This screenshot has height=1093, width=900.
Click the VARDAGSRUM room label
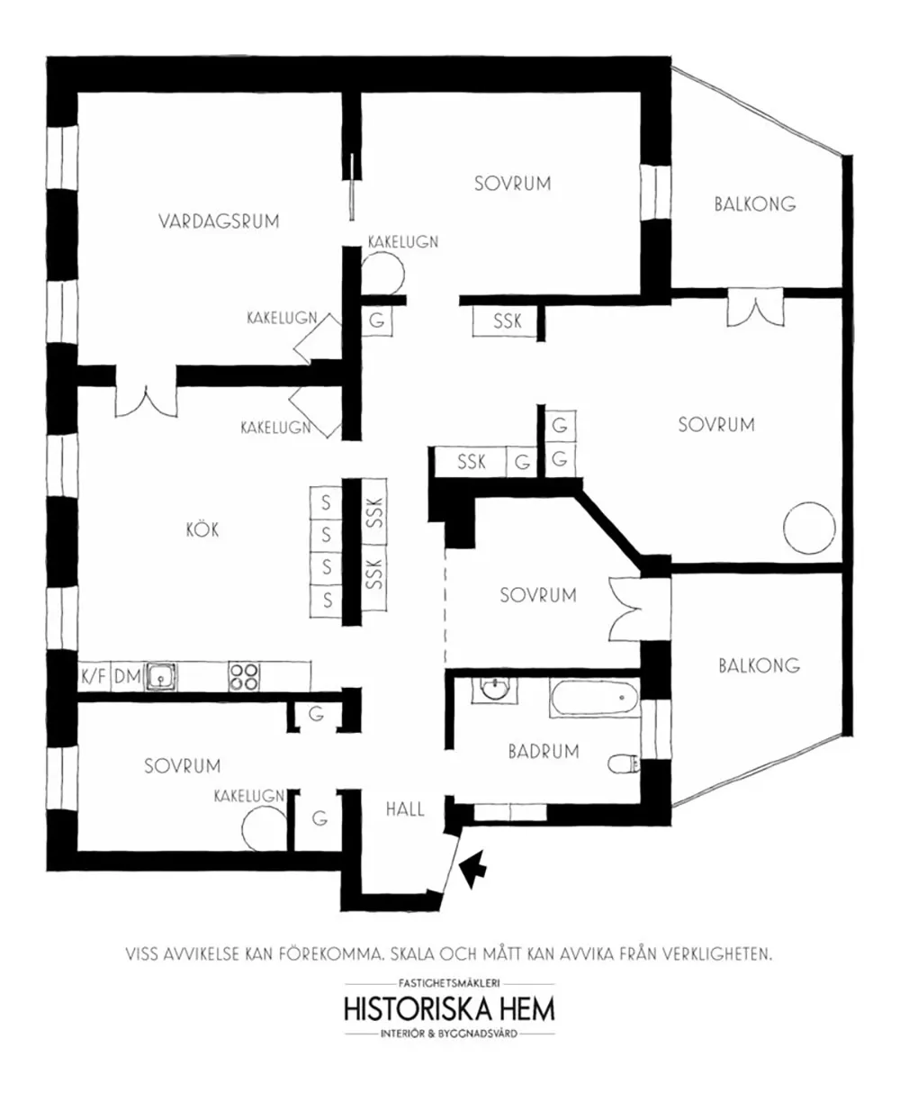[x=219, y=221]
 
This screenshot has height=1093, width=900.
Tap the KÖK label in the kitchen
[x=202, y=529]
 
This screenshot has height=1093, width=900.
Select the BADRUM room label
[x=544, y=752]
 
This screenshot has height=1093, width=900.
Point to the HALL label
[x=405, y=809]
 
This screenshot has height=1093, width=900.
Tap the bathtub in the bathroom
[x=595, y=698]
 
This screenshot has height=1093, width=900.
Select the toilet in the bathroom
[x=624, y=763]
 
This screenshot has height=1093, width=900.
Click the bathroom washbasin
[x=494, y=690]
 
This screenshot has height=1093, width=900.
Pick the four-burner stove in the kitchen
[x=244, y=677]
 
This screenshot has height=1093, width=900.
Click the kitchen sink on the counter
[x=161, y=677]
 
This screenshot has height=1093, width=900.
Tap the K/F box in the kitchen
[x=94, y=677]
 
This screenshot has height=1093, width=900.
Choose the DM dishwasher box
[x=127, y=677]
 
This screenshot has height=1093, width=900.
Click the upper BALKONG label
[x=755, y=203]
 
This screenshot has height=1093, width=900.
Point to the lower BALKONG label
[x=760, y=665]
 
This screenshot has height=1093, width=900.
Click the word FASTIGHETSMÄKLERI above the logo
[x=449, y=983]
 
